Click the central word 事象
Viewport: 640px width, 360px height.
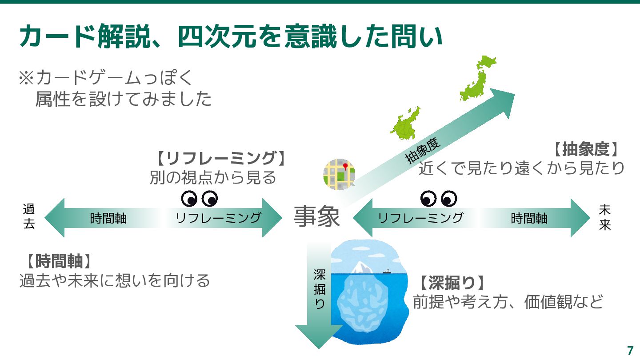[x=316, y=218]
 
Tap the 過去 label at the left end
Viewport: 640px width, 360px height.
[x=28, y=216]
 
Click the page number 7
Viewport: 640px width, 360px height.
[x=630, y=350]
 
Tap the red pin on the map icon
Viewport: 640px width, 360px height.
[x=345, y=166]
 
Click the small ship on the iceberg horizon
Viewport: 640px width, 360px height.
[x=386, y=270]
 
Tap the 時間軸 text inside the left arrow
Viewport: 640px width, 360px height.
[x=108, y=218]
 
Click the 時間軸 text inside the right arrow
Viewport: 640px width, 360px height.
[x=529, y=218]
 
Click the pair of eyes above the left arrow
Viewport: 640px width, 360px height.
[x=200, y=199]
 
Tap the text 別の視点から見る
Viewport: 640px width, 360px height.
[x=213, y=178]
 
